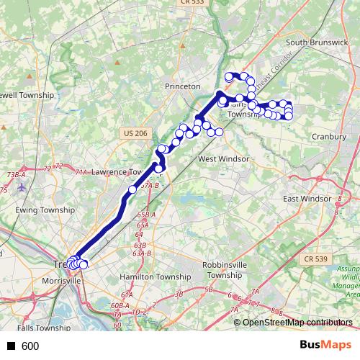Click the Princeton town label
tap(182, 86)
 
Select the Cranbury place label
tap(330, 135)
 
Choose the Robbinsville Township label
tap(222, 269)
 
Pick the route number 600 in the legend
tap(30, 346)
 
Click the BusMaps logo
tap(325, 346)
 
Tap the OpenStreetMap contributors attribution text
tap(298, 323)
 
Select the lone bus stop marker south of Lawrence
tap(132, 190)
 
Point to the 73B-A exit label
tap(16, 174)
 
